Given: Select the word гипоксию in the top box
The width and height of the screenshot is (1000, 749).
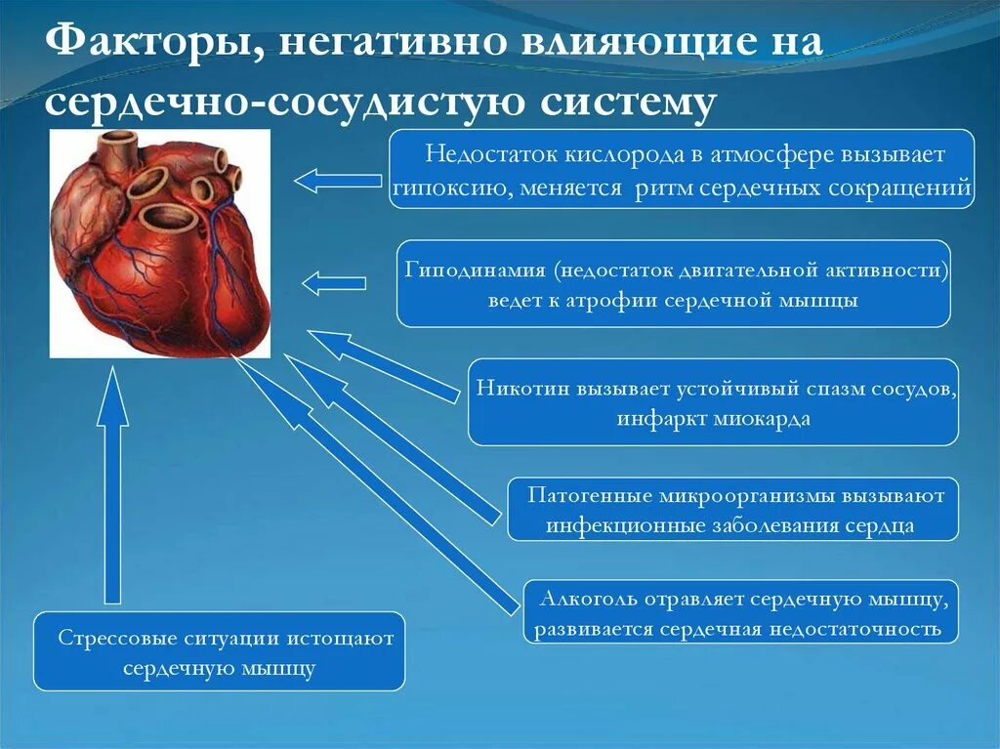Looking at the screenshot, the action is [445, 188].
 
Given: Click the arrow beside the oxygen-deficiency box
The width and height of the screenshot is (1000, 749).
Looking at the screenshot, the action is [337, 180].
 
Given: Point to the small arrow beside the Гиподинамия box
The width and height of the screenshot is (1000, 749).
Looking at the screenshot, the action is [333, 283].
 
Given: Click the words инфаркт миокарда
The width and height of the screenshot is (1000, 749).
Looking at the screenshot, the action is [713, 420].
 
